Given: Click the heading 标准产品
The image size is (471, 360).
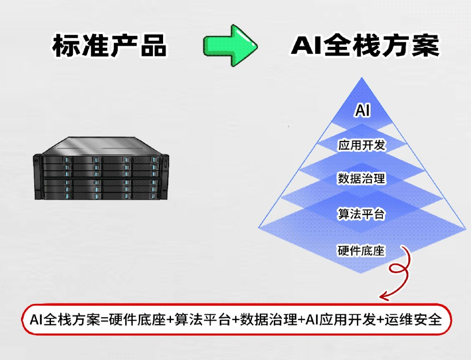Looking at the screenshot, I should point(109,46).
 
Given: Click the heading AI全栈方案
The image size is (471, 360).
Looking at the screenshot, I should point(365,46).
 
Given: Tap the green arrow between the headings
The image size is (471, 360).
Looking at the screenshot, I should point(230,46).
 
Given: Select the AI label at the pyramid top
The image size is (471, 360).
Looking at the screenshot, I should point(363,111).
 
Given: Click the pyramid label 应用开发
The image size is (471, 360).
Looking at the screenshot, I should point(362,145).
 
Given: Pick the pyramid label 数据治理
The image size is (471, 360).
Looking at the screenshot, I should point(362,179).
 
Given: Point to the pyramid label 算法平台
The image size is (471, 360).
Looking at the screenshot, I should point(362,215).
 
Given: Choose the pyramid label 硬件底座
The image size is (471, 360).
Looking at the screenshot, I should point(361,251).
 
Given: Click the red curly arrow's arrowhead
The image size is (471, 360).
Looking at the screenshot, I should point(384,296).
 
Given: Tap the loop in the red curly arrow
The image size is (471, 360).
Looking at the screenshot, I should point(399,270).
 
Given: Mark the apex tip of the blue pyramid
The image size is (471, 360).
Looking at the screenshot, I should point(362,78).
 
